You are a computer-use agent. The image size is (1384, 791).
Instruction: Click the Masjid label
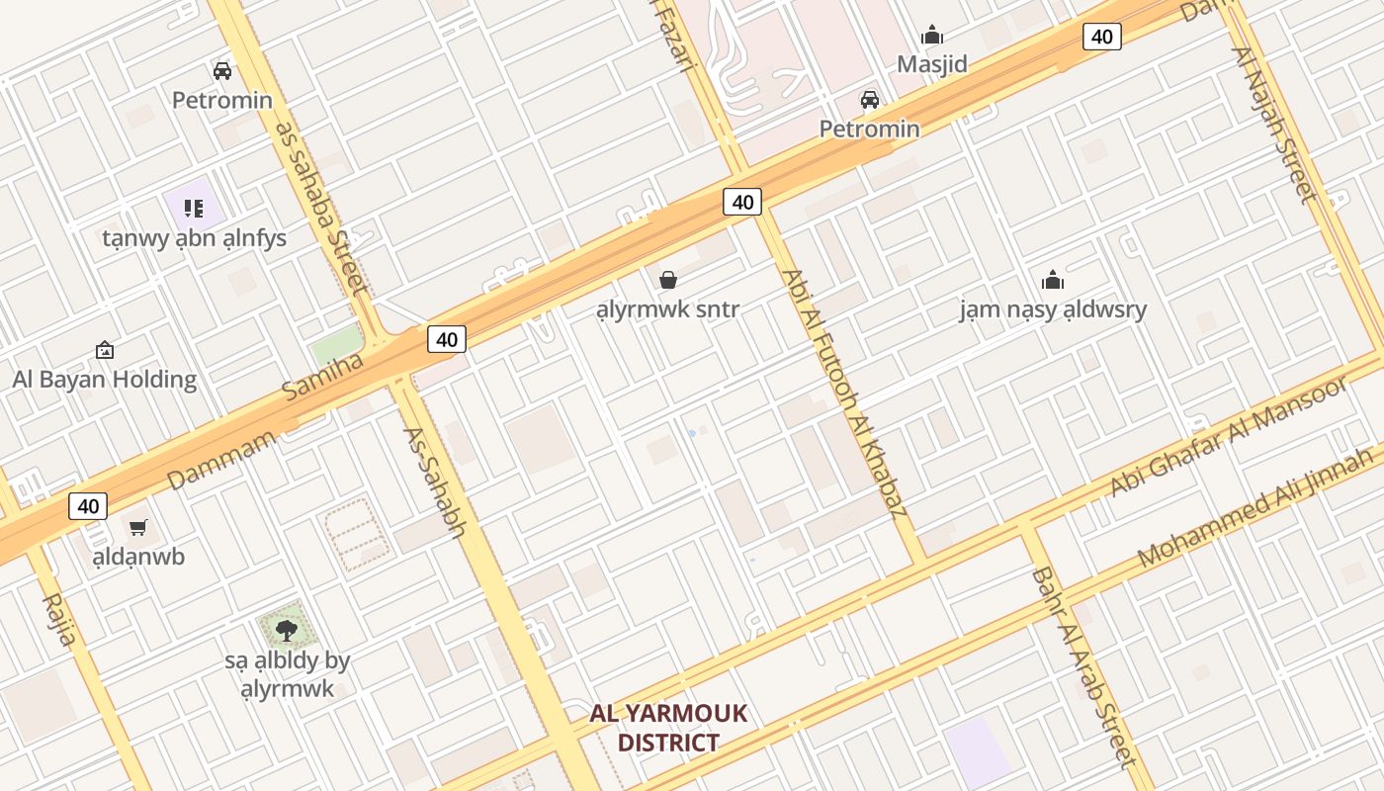[931, 64]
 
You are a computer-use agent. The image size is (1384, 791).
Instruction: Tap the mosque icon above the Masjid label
[931, 37]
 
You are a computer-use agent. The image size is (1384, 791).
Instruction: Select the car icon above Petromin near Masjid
[870, 100]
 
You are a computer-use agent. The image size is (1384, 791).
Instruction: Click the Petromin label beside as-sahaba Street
[222, 100]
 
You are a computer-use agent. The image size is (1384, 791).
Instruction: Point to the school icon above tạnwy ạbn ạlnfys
[194, 209]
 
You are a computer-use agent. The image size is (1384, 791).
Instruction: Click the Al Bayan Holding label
[105, 379]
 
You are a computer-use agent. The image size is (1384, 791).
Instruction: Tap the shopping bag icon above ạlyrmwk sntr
[668, 281]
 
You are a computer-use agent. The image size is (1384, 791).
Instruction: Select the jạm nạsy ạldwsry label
[1053, 309]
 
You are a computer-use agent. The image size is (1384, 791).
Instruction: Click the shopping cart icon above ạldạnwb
[138, 528]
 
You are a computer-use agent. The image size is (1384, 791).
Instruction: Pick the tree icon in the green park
[287, 630]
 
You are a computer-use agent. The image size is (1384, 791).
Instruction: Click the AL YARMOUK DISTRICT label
[668, 728]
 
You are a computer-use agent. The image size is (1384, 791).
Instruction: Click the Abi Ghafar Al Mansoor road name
[1228, 436]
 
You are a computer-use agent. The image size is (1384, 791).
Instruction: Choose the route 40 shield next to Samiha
[447, 339]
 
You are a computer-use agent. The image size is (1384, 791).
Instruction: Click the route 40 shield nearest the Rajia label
[88, 506]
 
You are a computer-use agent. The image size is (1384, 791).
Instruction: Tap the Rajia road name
[58, 619]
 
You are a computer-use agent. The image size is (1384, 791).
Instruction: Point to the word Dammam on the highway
[221, 460]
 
